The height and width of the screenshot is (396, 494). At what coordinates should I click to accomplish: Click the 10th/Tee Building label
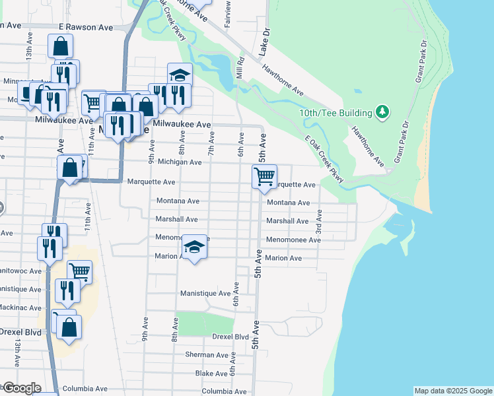(x=335, y=113)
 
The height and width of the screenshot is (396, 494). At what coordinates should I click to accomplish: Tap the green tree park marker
(x=382, y=112)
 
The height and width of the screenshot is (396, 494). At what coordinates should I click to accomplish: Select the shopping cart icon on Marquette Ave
(x=264, y=177)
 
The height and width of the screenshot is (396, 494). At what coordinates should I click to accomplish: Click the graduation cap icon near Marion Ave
(x=194, y=247)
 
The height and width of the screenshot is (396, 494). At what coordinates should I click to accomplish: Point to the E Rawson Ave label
(x=86, y=27)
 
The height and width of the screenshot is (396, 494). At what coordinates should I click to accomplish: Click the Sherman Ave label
(x=207, y=354)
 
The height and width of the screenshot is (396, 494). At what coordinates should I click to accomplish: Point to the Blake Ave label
(x=212, y=373)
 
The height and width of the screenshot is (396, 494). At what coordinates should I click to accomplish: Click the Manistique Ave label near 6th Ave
(x=205, y=292)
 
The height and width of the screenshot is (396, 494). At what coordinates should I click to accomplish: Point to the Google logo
(x=21, y=388)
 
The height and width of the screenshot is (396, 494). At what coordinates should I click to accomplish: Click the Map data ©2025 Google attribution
(x=453, y=391)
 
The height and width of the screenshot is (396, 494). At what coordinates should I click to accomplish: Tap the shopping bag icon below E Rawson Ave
(x=60, y=47)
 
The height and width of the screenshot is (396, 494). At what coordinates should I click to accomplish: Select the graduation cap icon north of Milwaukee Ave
(x=179, y=75)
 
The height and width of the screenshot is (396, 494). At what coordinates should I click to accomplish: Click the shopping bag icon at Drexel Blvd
(x=69, y=327)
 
